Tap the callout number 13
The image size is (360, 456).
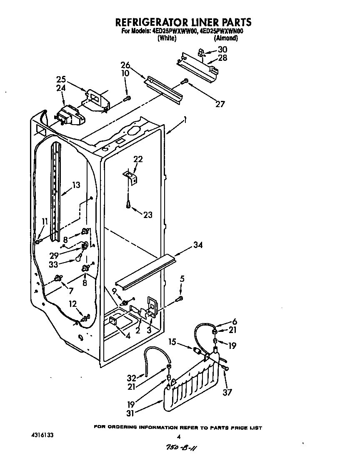click(75, 185)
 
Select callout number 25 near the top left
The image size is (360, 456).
click(61, 79)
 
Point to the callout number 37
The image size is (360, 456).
click(227, 392)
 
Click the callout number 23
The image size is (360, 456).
click(147, 215)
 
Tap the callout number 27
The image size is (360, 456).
click(220, 104)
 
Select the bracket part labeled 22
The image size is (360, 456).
click(130, 176)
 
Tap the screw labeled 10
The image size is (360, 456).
click(128, 98)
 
